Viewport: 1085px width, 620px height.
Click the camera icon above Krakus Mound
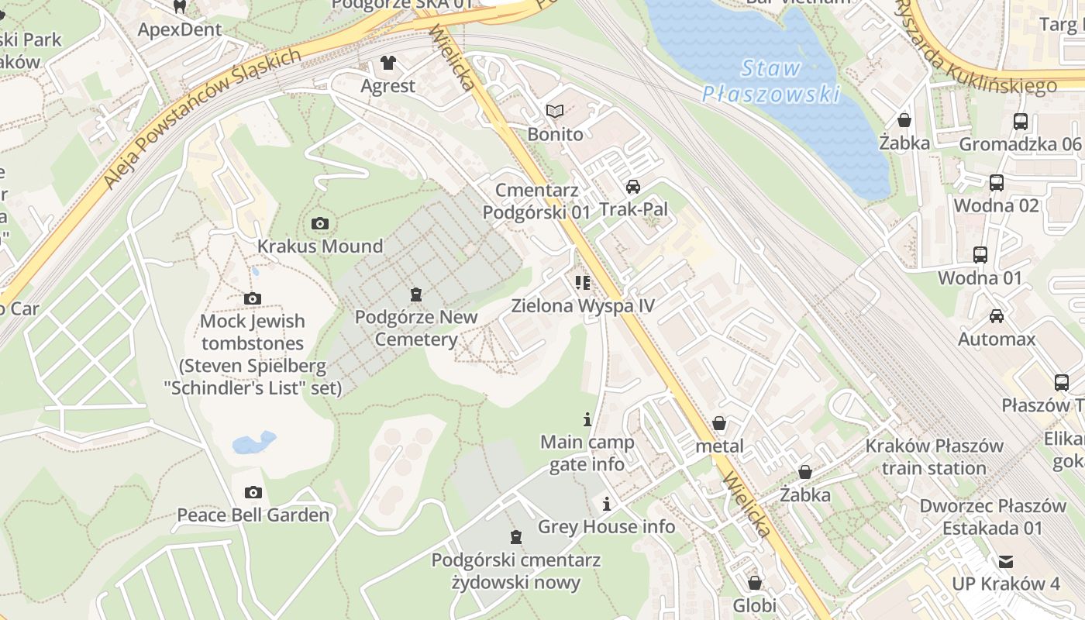point(319,224)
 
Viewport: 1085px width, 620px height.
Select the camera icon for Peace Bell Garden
point(253,492)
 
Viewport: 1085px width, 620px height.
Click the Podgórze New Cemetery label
point(416,328)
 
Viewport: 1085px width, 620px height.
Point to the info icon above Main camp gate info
point(587,419)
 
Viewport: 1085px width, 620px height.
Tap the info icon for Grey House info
point(606,505)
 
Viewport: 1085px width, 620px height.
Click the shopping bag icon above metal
point(719,423)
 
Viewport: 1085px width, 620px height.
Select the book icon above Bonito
point(555,112)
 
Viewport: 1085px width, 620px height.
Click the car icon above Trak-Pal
point(633,186)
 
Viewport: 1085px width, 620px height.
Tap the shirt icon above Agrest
point(387,63)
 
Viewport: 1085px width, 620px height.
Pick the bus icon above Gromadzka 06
point(1020,122)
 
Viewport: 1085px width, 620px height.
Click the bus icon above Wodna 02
point(996,183)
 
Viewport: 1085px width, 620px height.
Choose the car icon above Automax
point(996,316)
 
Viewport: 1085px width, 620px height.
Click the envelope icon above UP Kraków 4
point(1006,561)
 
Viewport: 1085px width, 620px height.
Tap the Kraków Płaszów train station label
point(934,457)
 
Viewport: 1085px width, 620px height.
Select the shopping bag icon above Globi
point(754,583)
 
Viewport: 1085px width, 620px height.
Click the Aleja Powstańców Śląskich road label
point(202,119)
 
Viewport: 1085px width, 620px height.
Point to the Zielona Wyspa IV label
point(583,305)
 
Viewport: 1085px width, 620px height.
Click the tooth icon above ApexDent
point(180,7)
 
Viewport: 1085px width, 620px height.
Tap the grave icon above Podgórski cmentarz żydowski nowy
point(515,536)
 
